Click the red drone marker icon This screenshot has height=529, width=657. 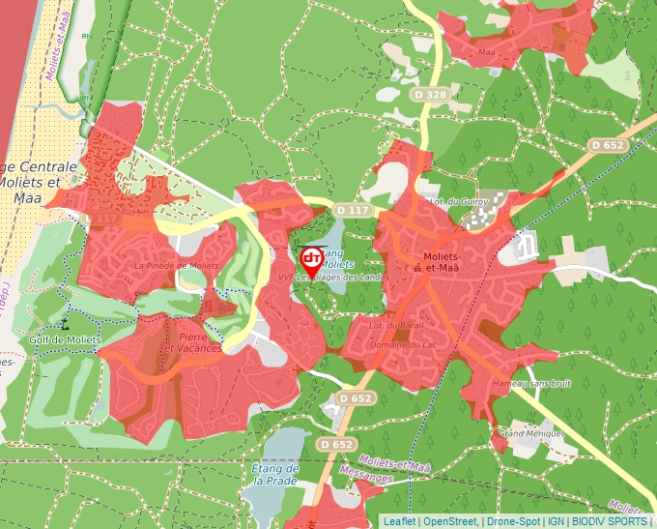click(x=312, y=259)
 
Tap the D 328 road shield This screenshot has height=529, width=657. click(x=430, y=95)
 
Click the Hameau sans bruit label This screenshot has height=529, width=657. click(x=531, y=384)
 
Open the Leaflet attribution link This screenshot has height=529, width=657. click(x=399, y=521)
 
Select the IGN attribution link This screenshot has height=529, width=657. click(x=556, y=521)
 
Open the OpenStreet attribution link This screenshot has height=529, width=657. click(x=451, y=521)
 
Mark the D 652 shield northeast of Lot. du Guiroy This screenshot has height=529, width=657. click(x=607, y=145)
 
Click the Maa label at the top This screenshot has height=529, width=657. click(x=486, y=51)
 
